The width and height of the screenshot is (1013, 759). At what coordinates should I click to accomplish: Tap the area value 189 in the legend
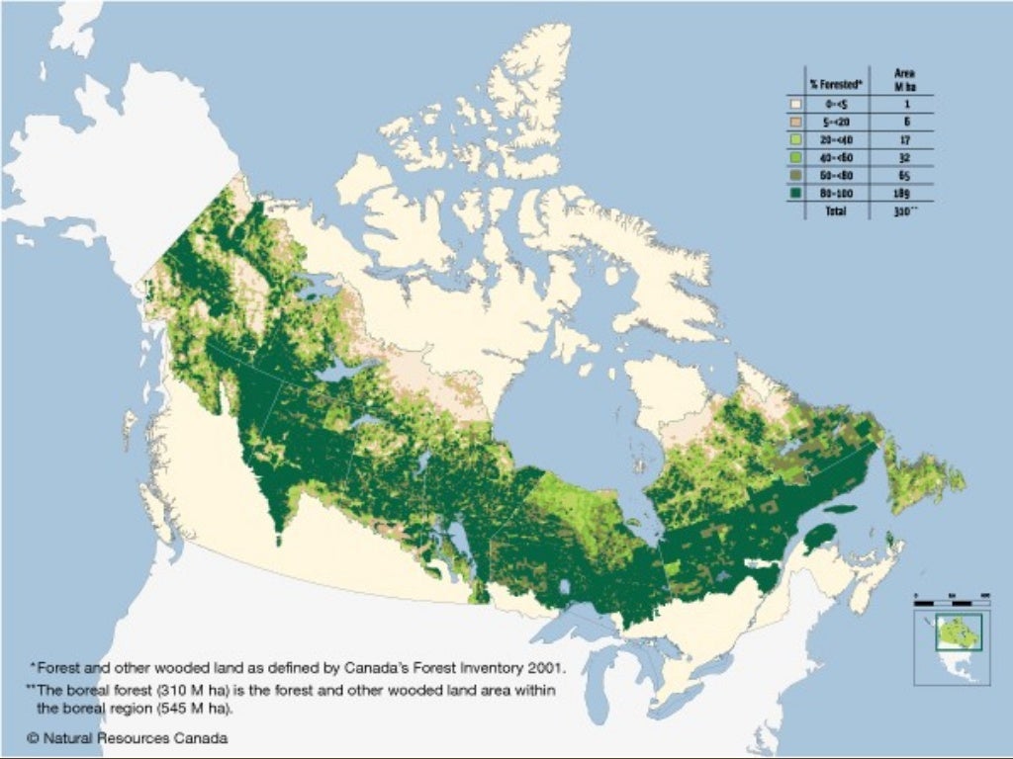(901, 193)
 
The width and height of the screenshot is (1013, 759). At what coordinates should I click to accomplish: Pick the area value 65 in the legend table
(901, 175)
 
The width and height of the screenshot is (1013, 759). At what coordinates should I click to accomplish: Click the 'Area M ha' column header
(903, 78)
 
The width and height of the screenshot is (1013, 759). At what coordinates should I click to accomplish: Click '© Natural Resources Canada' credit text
(128, 737)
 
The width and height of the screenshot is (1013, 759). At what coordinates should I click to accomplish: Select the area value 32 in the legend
(901, 157)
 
